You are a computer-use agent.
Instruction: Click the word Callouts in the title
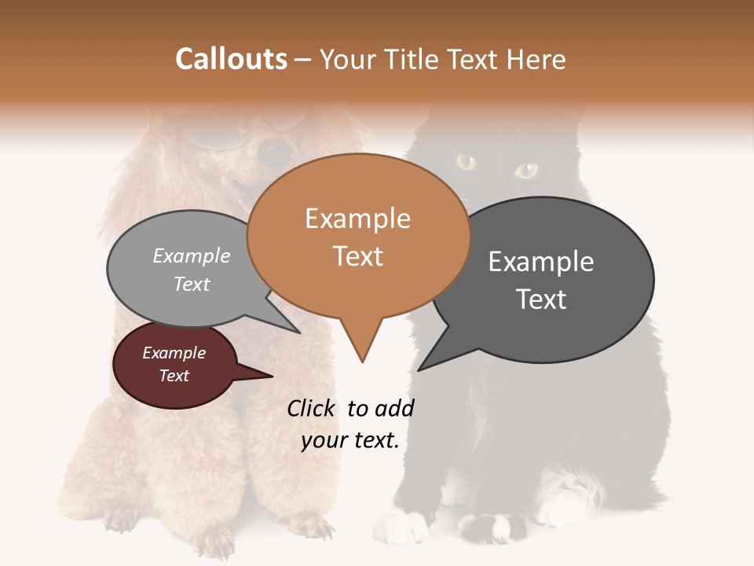click(231, 59)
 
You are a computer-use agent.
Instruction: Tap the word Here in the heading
click(536, 59)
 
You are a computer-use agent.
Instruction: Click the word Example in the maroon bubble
click(174, 353)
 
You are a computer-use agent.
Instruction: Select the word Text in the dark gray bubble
click(541, 300)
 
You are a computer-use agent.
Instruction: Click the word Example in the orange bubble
click(357, 219)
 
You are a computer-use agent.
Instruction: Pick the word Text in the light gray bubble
click(192, 284)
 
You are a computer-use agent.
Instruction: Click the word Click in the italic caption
click(312, 408)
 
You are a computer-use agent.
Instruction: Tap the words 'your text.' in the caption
click(350, 440)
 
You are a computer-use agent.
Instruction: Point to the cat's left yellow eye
click(467, 162)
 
